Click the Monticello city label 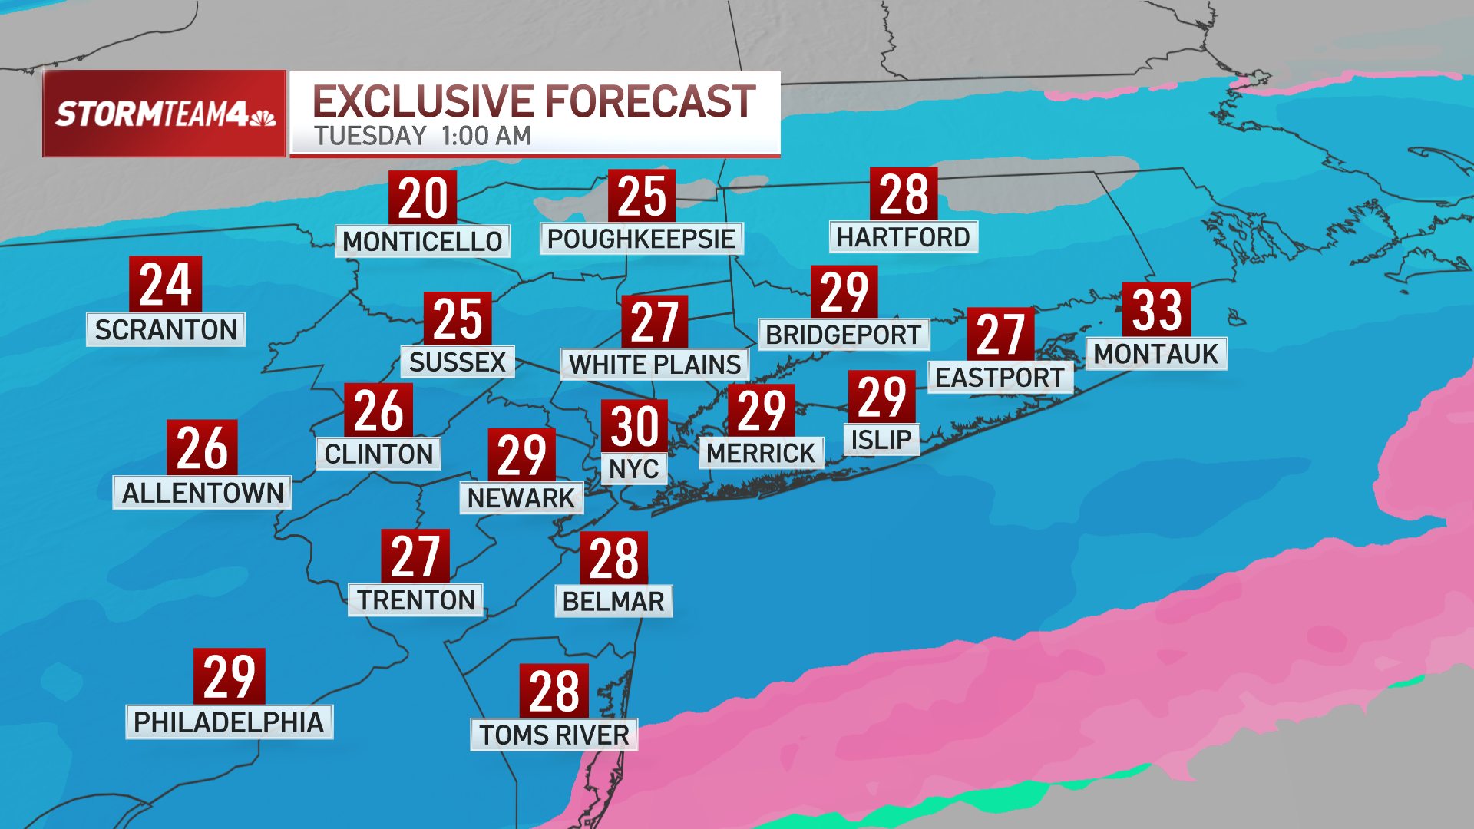point(422,241)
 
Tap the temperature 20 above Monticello point(422,197)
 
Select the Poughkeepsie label point(641,239)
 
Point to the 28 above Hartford point(904,193)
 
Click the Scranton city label point(166,329)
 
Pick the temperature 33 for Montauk point(1156,309)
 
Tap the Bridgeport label point(843,335)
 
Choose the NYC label point(633,468)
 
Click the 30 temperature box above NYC point(634,425)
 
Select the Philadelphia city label point(229,722)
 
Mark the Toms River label point(554,735)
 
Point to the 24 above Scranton point(165,284)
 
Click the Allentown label point(203,493)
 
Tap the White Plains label point(655,364)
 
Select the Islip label point(881,440)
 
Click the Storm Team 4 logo point(154,114)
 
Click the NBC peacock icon point(263,117)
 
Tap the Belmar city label point(613,601)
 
